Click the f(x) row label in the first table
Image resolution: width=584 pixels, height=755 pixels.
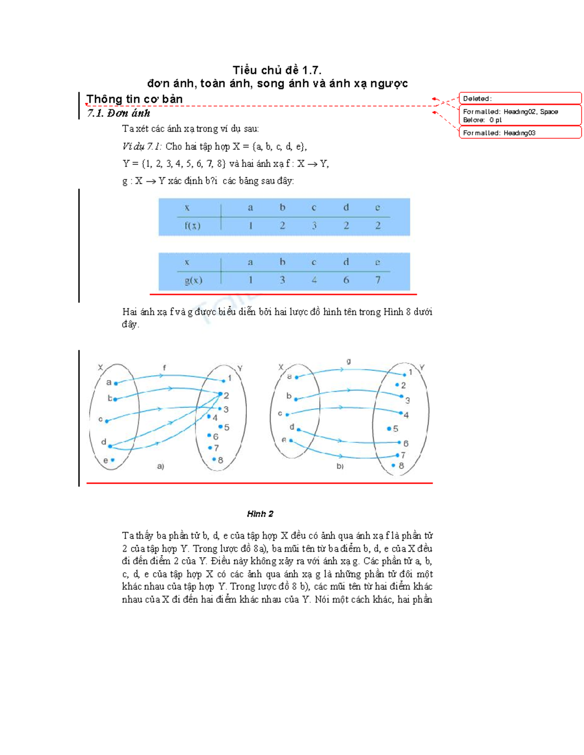coord(192,226)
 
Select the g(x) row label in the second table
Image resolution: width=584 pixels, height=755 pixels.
coord(193,281)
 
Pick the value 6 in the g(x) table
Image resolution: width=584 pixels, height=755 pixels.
coord(346,280)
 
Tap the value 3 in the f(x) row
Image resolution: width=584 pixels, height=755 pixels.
coord(314,226)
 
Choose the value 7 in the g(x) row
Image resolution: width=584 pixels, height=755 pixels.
coord(378,280)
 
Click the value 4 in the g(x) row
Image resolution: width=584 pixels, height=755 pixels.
coord(314,280)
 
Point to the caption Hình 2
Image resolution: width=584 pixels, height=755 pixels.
coord(260,514)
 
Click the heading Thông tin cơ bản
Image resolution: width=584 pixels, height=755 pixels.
coord(134,99)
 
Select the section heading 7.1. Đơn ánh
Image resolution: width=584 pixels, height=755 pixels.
coord(118,113)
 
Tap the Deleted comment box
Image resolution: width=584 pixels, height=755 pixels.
coord(520,99)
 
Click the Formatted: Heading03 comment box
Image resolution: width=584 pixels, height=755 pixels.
coord(520,133)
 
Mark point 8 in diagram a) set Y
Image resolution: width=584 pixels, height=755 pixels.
coord(214,459)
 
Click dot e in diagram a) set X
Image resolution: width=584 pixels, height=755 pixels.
coord(112,460)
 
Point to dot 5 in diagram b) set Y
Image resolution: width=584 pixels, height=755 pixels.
coord(389,429)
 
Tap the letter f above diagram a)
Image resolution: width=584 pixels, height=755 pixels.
coord(164,368)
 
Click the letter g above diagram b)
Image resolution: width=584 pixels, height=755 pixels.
coord(348,361)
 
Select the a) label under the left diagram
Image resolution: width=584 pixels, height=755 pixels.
coord(161,466)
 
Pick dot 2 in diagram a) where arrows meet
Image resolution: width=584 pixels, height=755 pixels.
coord(220,395)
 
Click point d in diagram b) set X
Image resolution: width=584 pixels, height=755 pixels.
coord(298,430)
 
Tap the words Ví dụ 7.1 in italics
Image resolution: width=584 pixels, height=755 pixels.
coord(142,146)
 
